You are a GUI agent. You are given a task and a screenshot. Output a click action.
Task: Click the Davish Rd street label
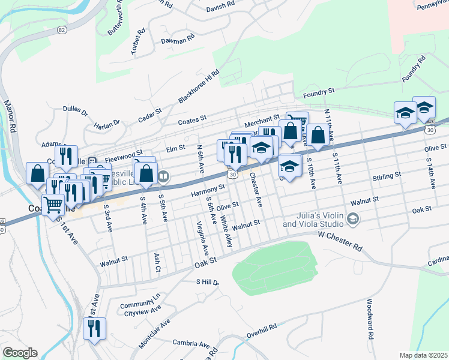click(x=220, y=5)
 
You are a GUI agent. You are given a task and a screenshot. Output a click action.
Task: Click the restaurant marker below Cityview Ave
click(x=94, y=329)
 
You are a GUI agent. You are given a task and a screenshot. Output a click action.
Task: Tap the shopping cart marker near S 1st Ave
click(x=53, y=205)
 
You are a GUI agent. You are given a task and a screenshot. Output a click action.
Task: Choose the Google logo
click(x=20, y=353)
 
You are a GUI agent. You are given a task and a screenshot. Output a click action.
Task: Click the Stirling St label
click(x=387, y=176)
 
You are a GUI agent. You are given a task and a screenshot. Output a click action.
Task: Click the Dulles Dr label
click(x=75, y=112)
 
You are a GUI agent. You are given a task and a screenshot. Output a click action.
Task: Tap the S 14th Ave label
click(x=430, y=173)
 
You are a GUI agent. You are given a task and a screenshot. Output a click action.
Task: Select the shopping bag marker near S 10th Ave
click(x=318, y=135)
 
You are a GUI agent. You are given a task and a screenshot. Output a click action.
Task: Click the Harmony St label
click(x=208, y=189)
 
